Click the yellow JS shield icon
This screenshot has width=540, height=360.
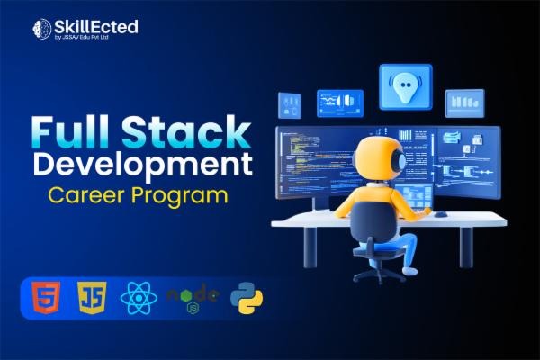coord(90,296)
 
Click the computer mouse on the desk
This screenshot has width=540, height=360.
coord(441,213)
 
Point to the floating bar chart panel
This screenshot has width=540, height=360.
coord(464,103)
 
